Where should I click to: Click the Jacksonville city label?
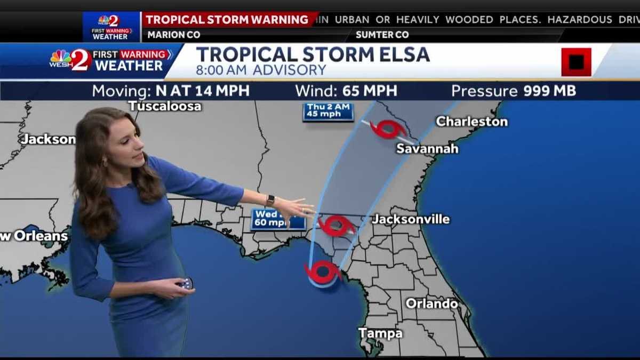[411, 219]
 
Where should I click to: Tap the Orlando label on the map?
[432, 303]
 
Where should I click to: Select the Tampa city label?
[380, 333]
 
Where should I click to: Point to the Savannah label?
[427, 149]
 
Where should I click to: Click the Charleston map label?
[472, 122]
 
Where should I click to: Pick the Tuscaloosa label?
[165, 106]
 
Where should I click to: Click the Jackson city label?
[48, 139]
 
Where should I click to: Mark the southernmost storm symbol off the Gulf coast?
[323, 272]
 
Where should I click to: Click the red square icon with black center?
[576, 62]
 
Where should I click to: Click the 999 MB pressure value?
[549, 91]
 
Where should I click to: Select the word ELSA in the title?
[404, 54]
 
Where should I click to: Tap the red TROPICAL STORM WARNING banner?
[227, 20]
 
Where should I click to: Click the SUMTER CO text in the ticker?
[382, 35]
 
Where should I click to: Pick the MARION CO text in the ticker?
[173, 35]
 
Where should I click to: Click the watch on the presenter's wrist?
[270, 200]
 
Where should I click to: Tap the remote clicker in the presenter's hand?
[186, 283]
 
